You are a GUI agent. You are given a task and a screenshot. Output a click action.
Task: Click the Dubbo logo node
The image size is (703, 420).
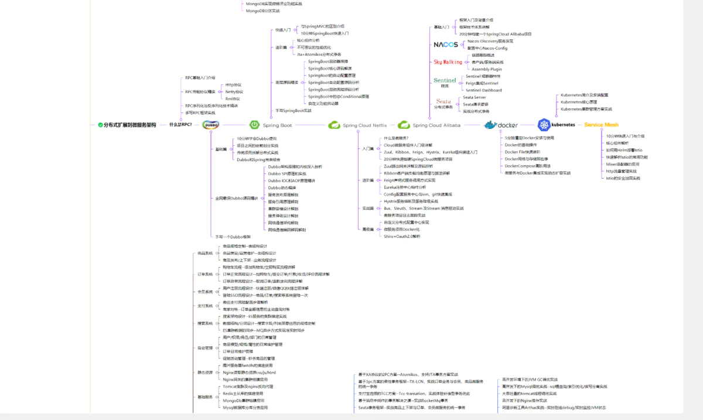211,125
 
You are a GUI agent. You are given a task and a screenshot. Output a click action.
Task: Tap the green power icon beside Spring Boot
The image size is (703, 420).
255,125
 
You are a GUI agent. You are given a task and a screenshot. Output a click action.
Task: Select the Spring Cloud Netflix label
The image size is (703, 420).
364,125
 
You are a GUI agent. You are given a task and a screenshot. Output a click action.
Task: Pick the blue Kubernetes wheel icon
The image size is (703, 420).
544,125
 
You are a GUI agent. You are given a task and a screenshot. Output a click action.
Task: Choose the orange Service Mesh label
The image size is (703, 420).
601,125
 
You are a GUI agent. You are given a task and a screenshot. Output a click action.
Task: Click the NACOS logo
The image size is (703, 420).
446,45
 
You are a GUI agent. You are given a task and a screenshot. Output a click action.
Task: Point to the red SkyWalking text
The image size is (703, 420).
448,62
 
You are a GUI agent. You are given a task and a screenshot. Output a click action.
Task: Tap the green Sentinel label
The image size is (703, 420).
445,80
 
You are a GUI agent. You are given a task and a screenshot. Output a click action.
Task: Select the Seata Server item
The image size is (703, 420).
474,97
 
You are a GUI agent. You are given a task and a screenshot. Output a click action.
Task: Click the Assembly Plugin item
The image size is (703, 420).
486,69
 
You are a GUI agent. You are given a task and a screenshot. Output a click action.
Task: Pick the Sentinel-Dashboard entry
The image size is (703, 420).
483,90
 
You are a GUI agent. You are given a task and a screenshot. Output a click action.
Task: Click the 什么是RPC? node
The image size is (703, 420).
180,125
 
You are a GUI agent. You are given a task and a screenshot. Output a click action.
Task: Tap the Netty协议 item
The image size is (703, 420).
234,92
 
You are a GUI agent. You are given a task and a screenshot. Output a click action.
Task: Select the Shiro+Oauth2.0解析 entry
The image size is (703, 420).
402,236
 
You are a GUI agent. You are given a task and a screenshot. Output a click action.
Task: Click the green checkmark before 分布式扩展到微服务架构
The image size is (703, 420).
101,125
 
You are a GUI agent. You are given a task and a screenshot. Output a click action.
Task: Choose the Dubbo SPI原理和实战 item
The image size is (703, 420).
287,173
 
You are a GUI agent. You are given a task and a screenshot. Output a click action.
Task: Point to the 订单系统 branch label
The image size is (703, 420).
205,274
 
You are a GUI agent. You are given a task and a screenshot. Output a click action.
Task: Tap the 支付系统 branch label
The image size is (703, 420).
205,306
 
